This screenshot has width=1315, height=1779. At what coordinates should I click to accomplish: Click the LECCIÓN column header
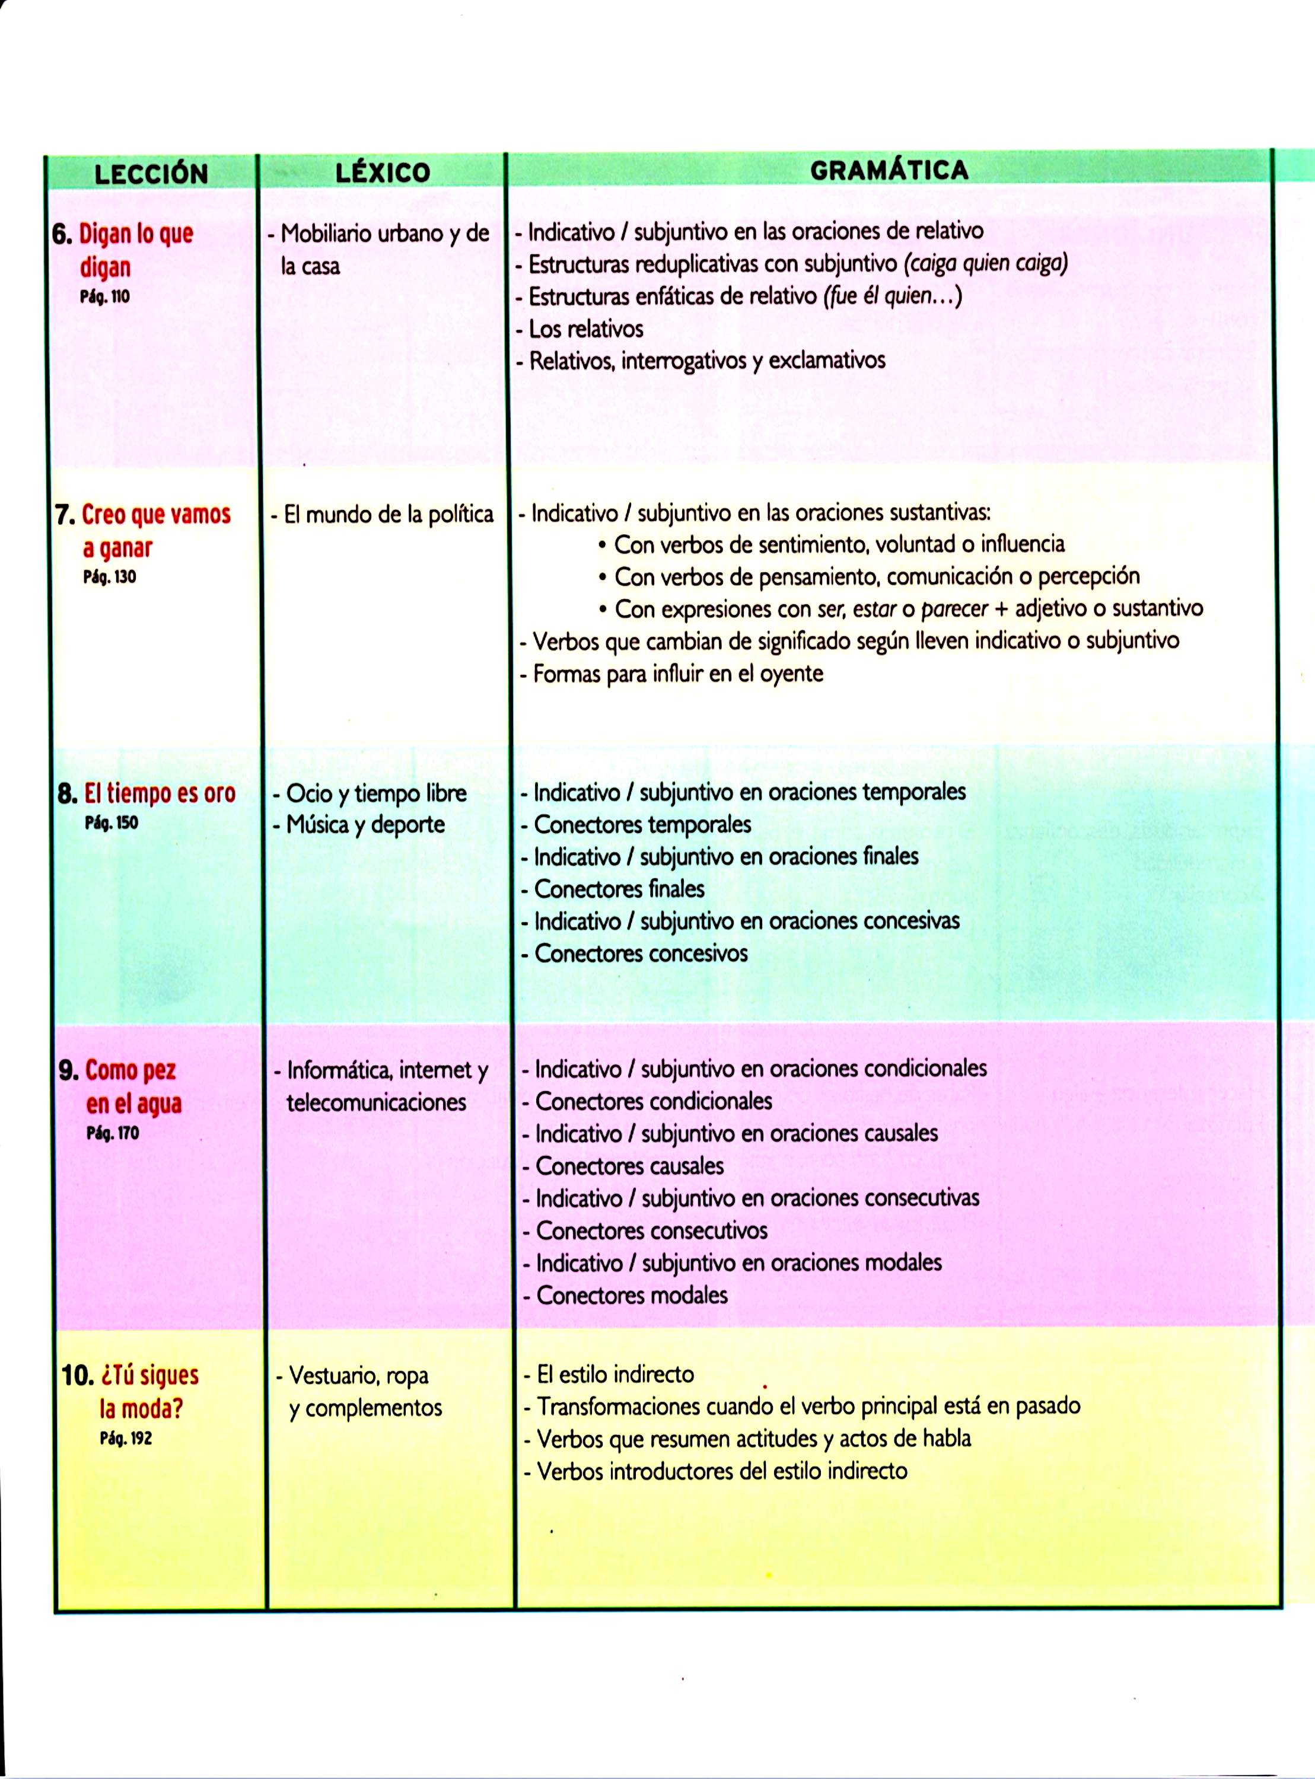[151, 173]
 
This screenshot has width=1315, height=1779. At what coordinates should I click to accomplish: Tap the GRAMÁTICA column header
[889, 170]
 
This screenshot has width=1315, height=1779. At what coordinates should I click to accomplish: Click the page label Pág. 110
[104, 298]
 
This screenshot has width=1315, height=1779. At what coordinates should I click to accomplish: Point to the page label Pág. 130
[109, 577]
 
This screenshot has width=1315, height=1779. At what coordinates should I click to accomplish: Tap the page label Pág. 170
[112, 1133]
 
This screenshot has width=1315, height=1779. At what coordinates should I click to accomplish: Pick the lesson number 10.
[79, 1376]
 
